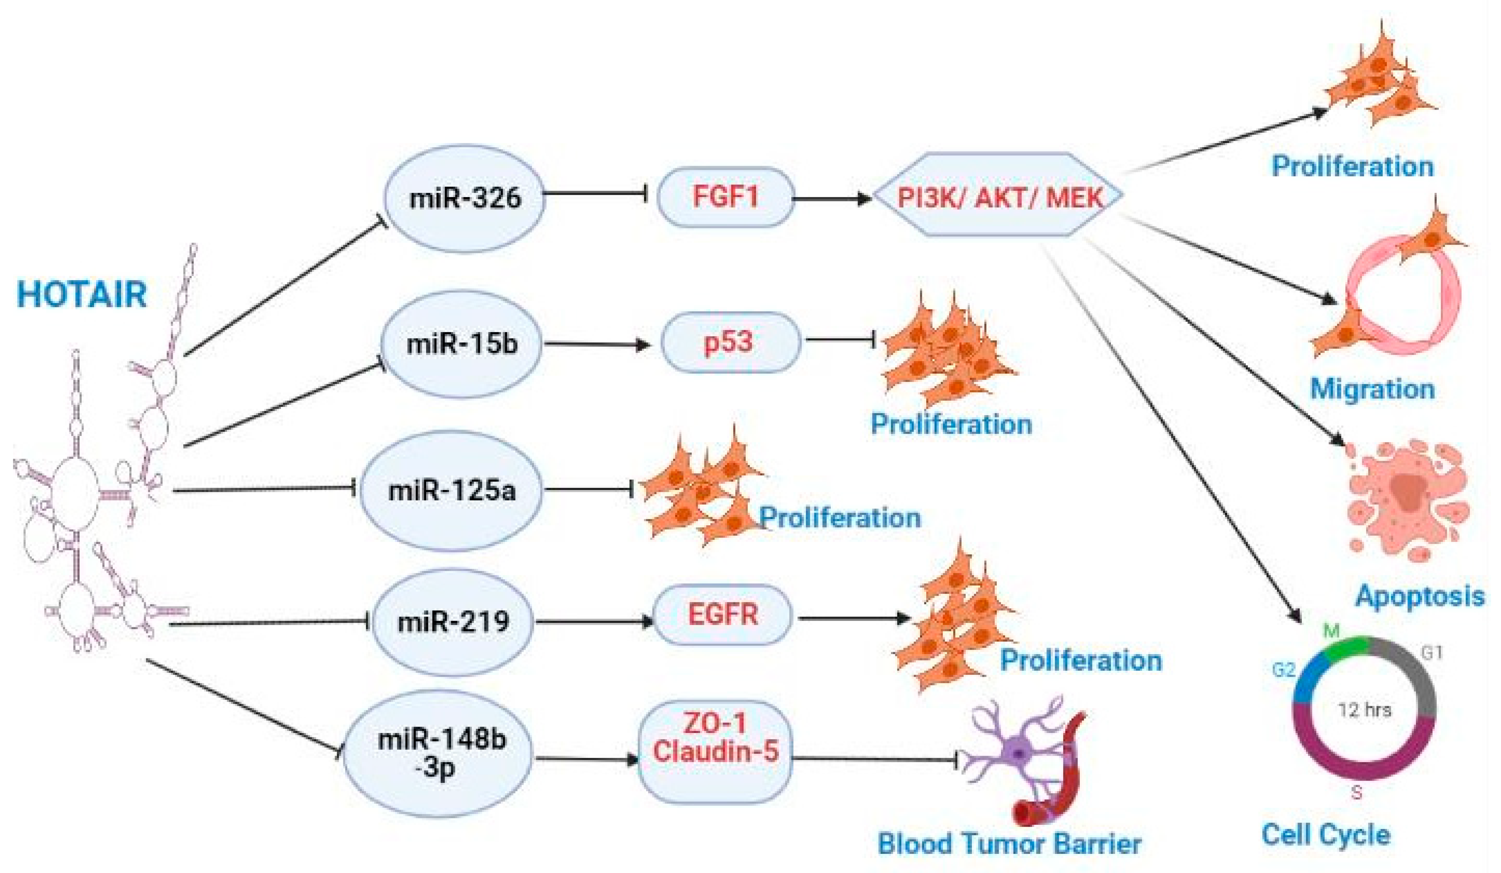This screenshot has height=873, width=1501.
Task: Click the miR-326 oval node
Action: pyautogui.click(x=464, y=199)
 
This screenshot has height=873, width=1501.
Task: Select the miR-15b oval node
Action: pyautogui.click(x=462, y=344)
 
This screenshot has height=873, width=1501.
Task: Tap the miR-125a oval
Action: pyautogui.click(x=451, y=490)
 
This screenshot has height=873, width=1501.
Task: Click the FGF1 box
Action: pyautogui.click(x=725, y=197)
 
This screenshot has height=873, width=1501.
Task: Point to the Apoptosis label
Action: pyautogui.click(x=1419, y=596)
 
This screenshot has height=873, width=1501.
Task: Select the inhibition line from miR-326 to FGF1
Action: pyautogui.click(x=595, y=193)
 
